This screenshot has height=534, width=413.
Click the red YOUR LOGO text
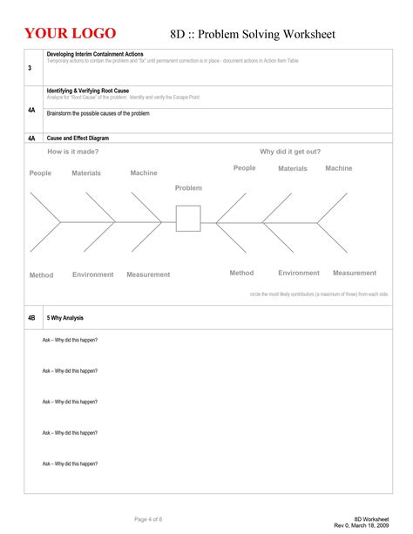click(70, 33)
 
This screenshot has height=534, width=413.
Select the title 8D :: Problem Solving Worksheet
click(252, 34)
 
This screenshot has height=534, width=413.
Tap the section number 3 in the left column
click(30, 68)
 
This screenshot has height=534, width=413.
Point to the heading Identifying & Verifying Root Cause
click(87, 91)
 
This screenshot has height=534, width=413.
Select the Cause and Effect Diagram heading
click(78, 139)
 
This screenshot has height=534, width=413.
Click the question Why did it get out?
click(290, 152)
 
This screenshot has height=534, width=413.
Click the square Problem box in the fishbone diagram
click(188, 218)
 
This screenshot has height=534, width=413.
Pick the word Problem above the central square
click(188, 188)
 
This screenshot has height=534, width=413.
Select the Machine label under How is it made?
click(144, 173)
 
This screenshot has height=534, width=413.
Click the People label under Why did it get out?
click(245, 168)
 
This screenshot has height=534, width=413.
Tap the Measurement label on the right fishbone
click(355, 273)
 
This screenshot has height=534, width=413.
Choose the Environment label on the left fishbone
click(93, 274)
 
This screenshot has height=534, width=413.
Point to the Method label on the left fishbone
click(41, 275)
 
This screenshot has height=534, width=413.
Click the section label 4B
click(31, 318)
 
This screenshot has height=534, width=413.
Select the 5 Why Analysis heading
click(65, 318)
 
